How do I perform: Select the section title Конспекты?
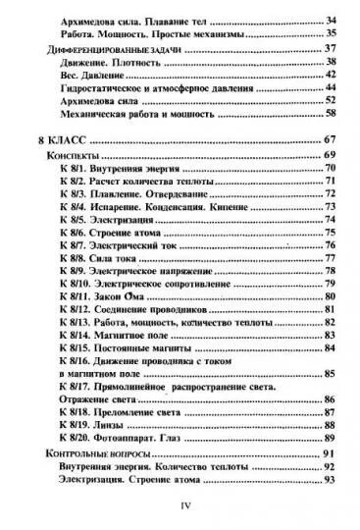pos(69,156)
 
